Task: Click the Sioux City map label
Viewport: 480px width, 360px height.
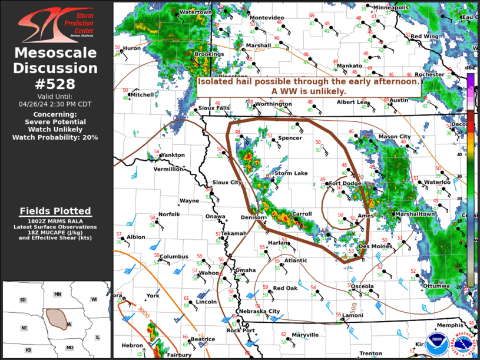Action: point(227,183)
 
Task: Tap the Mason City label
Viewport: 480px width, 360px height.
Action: point(394,137)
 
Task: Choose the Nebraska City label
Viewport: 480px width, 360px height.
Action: point(259,311)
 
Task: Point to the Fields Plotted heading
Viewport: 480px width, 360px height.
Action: point(55,211)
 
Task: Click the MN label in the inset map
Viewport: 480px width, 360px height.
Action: point(58,294)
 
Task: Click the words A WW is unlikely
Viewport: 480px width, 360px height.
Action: point(308,91)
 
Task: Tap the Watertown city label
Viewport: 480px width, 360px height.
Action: point(195,12)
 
